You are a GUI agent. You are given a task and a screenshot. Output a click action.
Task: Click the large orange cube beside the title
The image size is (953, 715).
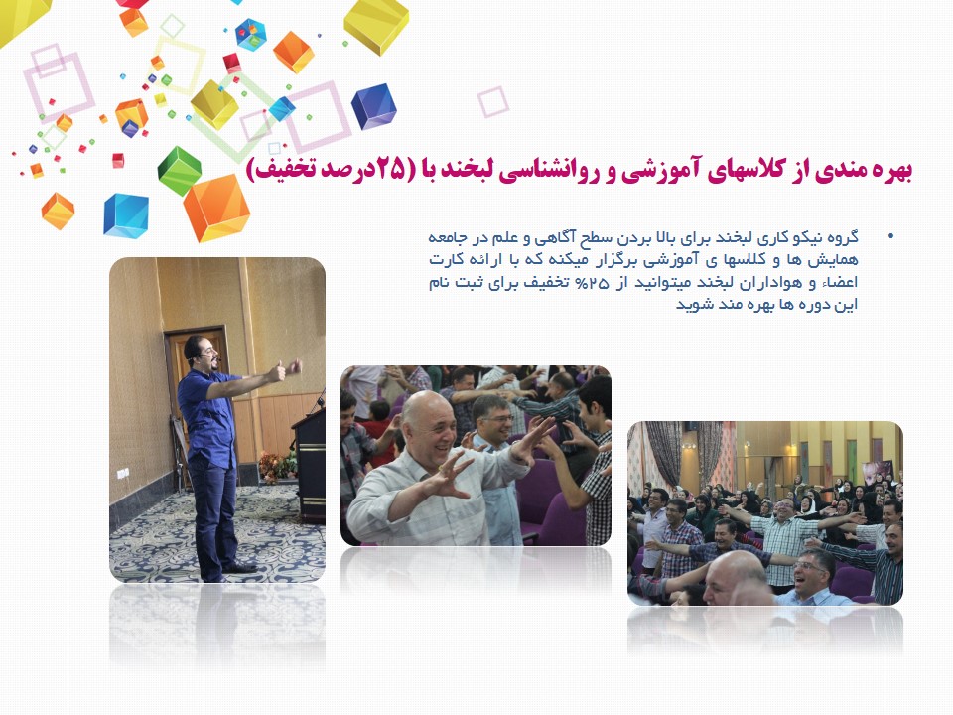pyautogui.click(x=216, y=208)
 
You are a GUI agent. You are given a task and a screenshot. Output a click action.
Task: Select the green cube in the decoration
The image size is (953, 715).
pyautogui.click(x=180, y=170)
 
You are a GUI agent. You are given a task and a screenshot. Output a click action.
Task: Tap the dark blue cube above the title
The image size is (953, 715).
pyautogui.click(x=374, y=107)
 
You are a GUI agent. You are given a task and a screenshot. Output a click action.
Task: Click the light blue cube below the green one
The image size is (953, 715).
pyautogui.click(x=126, y=215)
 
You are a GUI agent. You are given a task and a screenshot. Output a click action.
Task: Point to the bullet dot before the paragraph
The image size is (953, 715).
pyautogui.click(x=891, y=236)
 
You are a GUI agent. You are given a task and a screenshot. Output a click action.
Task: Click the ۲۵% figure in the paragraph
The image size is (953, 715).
pyautogui.click(x=591, y=283)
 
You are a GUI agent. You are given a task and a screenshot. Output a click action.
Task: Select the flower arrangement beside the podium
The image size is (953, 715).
pyautogui.click(x=277, y=467)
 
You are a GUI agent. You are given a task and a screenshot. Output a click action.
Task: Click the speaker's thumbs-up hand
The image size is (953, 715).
pyautogui.click(x=278, y=371)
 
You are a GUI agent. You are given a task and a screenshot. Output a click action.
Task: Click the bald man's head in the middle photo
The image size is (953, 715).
pyautogui.click(x=429, y=426)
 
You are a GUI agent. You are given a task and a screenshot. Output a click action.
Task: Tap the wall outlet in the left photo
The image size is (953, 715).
pyautogui.click(x=122, y=473)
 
